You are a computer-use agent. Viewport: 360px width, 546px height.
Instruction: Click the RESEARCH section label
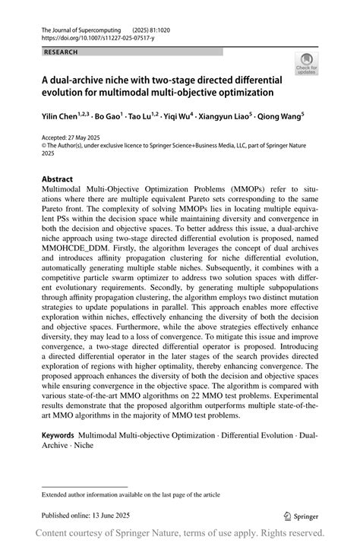coord(62,52)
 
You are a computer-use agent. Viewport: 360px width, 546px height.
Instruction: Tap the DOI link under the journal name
coord(87,37)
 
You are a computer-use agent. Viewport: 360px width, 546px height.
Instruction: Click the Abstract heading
coord(58,180)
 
